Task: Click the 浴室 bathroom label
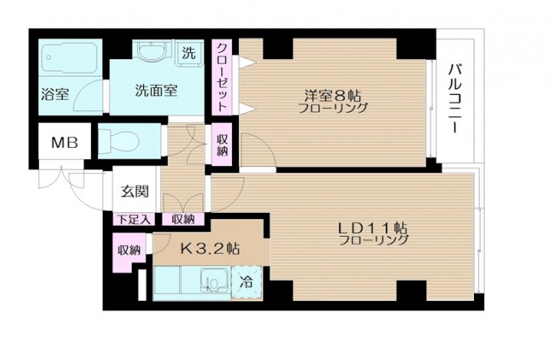click(55, 94)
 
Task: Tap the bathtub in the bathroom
click(70, 57)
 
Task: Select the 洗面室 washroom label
click(156, 90)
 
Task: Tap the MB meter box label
click(64, 142)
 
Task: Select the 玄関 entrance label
click(135, 192)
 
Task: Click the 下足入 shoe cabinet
click(134, 220)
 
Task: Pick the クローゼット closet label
click(222, 77)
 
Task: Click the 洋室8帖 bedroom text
click(332, 96)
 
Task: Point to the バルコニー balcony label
click(455, 98)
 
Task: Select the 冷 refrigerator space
click(247, 282)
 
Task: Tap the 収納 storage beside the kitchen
click(129, 250)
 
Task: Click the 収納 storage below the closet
click(222, 145)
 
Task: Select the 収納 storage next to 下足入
click(183, 220)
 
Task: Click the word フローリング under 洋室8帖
click(332, 108)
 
